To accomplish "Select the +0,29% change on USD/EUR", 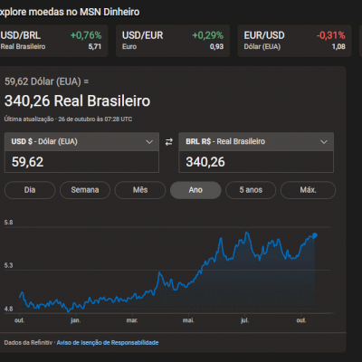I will point(207,34).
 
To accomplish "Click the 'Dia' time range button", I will point(30,190).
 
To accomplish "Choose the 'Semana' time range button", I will point(85,190).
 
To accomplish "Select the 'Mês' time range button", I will point(140,190).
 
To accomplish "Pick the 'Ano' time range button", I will point(195,190).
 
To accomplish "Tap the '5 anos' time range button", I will point(251,190).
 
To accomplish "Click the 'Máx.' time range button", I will point(308,190).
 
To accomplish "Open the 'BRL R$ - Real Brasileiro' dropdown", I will point(257,142).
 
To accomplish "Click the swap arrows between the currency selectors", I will point(168,142).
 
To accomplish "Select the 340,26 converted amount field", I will point(257,162).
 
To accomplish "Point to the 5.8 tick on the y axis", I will point(8,223).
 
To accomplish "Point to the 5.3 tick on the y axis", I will point(8,265).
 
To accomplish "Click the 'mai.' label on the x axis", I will point(188,320).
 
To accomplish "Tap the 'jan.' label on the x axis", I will point(75,320).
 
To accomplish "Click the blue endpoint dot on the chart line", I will point(314,235).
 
